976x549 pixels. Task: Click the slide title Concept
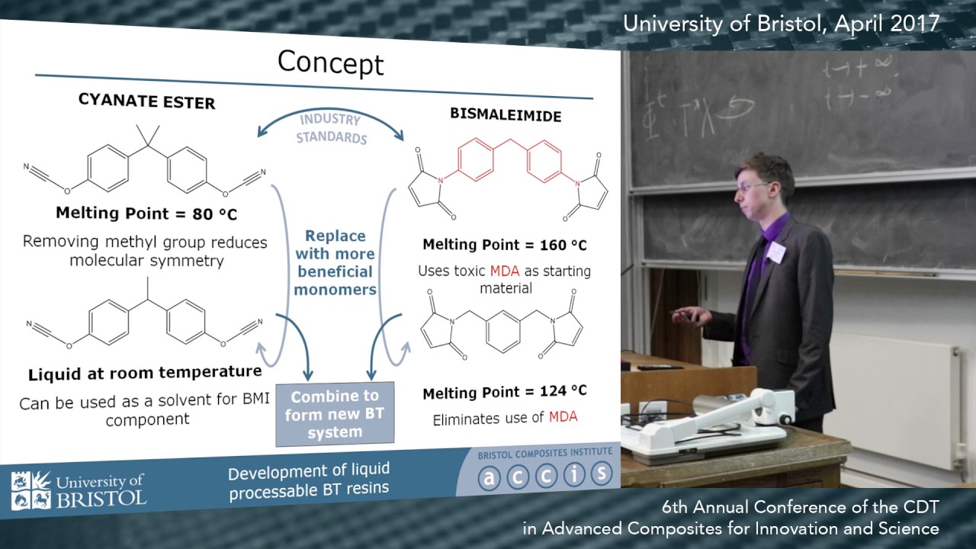pos(330,63)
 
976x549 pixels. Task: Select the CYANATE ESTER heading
pos(146,101)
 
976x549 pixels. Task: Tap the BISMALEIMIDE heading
pos(506,115)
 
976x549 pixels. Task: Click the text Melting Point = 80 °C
pos(146,213)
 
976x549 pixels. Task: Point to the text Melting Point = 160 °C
pos(505,246)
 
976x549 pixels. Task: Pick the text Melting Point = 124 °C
pos(505,392)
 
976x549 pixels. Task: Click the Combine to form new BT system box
pos(335,414)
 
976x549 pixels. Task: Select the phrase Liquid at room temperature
pos(145,374)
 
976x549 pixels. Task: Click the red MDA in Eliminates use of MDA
pos(563,416)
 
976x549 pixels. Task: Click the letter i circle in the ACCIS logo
pos(573,475)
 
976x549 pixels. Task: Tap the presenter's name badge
pos(775,251)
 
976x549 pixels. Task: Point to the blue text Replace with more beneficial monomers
pos(335,262)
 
